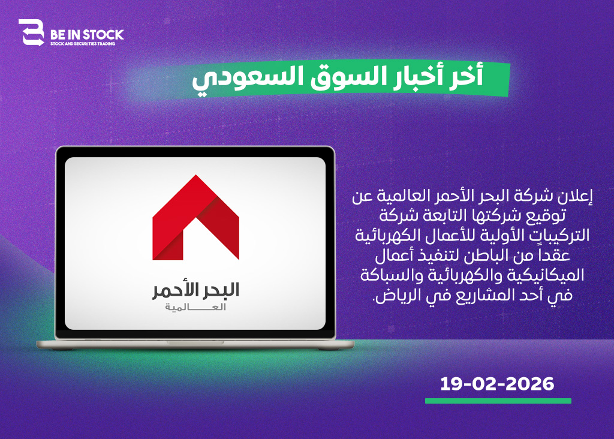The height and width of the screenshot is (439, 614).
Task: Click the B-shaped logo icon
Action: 31,32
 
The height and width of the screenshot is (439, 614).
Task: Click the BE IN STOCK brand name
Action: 87,35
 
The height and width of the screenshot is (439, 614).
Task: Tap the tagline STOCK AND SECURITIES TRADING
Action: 83,44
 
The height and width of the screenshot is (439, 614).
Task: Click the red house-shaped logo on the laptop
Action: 196,217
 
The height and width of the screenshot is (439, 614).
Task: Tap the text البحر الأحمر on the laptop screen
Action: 196,290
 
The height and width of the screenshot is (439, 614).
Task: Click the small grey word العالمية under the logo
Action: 195,307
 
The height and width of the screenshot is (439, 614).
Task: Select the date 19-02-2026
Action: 497,384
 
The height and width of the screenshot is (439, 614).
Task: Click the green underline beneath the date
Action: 498,401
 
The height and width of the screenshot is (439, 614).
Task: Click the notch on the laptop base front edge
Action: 195,342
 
